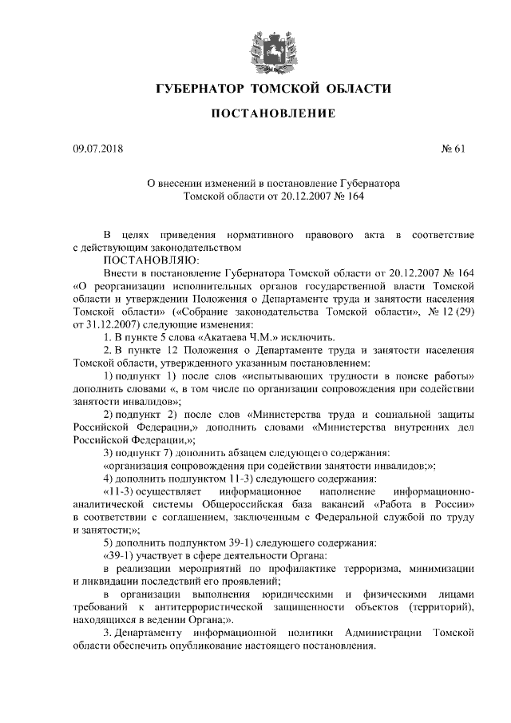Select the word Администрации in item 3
pyautogui.click(x=384, y=633)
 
